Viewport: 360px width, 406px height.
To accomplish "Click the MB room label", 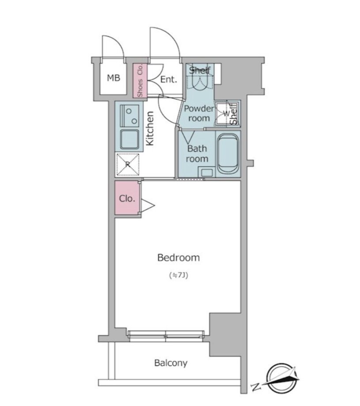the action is click(x=114, y=78).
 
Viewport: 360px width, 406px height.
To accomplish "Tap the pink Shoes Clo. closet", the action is click(x=140, y=81).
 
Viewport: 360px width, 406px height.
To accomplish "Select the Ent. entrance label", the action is click(x=169, y=79).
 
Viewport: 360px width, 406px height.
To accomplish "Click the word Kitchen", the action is click(x=150, y=128).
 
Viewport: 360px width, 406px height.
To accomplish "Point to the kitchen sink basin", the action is click(x=129, y=139).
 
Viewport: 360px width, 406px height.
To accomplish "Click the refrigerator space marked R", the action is click(x=128, y=165).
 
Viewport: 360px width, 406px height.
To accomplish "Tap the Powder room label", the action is click(x=199, y=113).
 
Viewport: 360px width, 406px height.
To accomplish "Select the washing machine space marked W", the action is click(x=225, y=113).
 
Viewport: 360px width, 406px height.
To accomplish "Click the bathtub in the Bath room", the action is click(x=228, y=154).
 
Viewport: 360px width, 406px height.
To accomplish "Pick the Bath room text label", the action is click(x=197, y=154).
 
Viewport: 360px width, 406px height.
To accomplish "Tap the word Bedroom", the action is click(x=179, y=258).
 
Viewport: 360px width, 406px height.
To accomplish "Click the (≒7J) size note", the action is click(x=178, y=275).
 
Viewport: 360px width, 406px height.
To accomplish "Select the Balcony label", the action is click(x=171, y=363).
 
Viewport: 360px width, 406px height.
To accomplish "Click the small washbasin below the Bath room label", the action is click(x=206, y=173).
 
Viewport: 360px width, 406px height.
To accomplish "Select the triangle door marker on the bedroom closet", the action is click(x=147, y=206).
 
